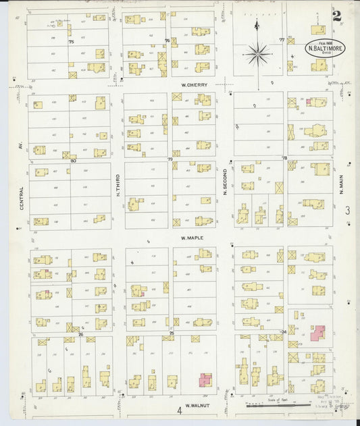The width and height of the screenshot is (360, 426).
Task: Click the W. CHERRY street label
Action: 194,85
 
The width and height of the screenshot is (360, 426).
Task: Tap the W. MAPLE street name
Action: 192,238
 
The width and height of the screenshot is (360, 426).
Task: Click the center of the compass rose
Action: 257,53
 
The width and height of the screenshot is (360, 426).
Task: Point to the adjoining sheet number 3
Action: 347,211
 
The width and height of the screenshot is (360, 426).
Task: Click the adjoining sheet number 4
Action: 180,410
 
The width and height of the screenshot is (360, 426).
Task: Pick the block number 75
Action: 70,42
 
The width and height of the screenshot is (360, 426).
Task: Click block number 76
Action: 167,41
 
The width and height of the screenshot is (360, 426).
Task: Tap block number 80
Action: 73,161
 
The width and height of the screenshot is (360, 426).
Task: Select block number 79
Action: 170,160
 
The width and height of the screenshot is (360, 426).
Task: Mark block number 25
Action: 172,333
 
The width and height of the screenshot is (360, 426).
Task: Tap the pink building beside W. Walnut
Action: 205,380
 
